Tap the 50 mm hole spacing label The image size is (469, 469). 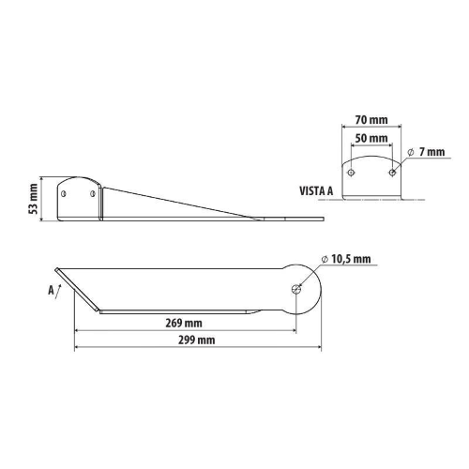point(371,139)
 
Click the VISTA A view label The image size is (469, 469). point(316,189)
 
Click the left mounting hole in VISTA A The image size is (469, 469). point(351,172)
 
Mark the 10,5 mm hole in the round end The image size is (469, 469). point(296,289)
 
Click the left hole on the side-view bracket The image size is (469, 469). point(64,192)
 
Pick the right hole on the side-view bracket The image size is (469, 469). point(92,192)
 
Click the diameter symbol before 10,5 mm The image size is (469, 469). point(324,260)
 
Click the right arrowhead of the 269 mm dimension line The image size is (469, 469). point(294,330)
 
